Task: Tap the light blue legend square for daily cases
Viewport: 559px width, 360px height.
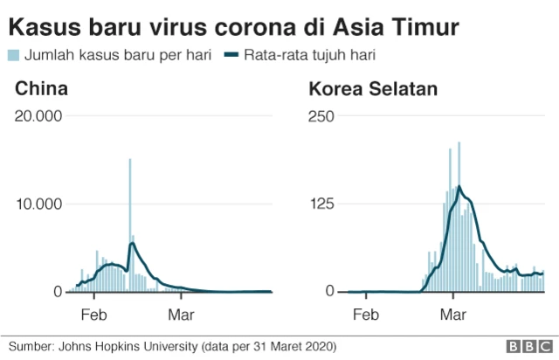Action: (14, 55)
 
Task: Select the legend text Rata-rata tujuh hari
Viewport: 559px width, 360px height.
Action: (314, 55)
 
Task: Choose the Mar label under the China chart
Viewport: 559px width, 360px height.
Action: (181, 312)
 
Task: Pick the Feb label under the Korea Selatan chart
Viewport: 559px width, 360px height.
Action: (365, 312)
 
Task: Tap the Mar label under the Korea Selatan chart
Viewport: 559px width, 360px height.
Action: (452, 312)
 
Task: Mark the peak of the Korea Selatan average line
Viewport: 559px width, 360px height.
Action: (459, 186)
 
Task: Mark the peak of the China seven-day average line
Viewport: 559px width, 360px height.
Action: (132, 244)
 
